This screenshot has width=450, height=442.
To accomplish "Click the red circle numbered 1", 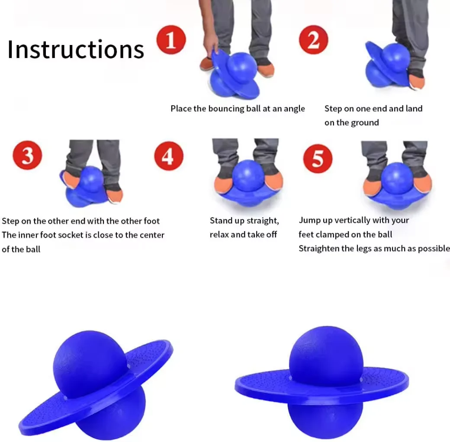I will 171,40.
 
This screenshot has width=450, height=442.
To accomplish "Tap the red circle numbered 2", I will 313,40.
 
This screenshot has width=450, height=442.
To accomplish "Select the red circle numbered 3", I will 27,155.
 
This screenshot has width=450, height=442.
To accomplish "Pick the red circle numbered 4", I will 169,155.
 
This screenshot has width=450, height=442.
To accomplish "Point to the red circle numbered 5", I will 318,158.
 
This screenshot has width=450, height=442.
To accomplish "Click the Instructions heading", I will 76,49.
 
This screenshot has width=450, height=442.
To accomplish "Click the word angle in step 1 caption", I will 294,109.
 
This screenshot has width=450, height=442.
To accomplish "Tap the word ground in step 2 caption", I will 365,123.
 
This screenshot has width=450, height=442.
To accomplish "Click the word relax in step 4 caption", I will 219,235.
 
